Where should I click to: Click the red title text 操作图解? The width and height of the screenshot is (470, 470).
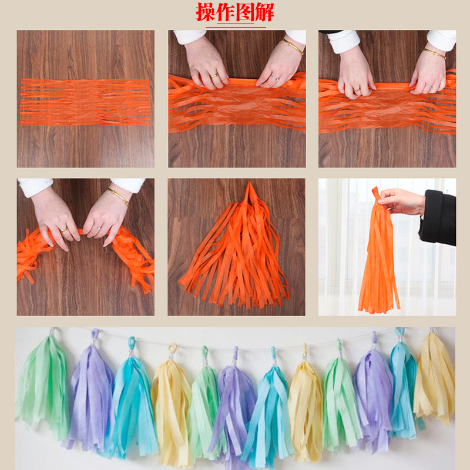tap(235, 12)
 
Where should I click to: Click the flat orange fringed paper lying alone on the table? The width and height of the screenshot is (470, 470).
tap(86, 102)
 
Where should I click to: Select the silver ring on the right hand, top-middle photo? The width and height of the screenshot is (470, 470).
tap(274, 78)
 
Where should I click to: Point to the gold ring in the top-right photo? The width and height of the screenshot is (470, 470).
tap(356, 89)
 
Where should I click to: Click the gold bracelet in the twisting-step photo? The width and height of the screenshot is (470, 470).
tap(118, 196)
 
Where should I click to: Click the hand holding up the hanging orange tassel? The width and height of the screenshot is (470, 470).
tap(402, 201)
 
